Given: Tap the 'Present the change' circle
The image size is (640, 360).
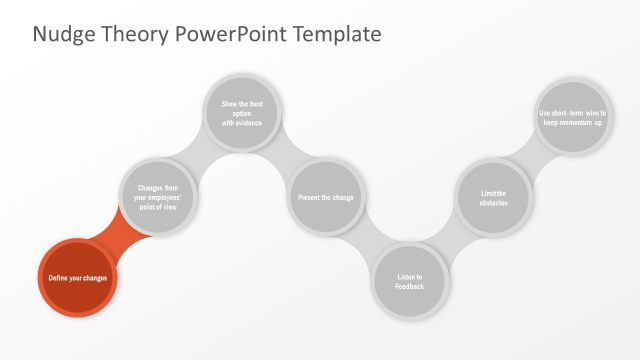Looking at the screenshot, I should tap(325, 197).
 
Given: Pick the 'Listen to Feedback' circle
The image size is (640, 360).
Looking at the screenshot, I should tap(410, 281).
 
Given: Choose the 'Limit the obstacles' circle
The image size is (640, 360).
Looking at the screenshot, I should tap(494, 197).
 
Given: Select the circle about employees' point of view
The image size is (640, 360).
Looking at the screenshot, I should tap(157, 196).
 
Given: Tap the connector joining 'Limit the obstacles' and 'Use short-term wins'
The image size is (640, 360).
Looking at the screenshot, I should tap(531, 156).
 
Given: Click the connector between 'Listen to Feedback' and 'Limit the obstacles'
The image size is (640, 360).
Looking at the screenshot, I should tap(452, 241).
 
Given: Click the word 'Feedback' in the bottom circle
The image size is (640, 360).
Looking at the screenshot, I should tap(410, 287).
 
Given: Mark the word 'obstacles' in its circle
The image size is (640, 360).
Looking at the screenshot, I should tap(494, 203).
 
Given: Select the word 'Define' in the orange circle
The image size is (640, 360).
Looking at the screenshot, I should tap(59, 277).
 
